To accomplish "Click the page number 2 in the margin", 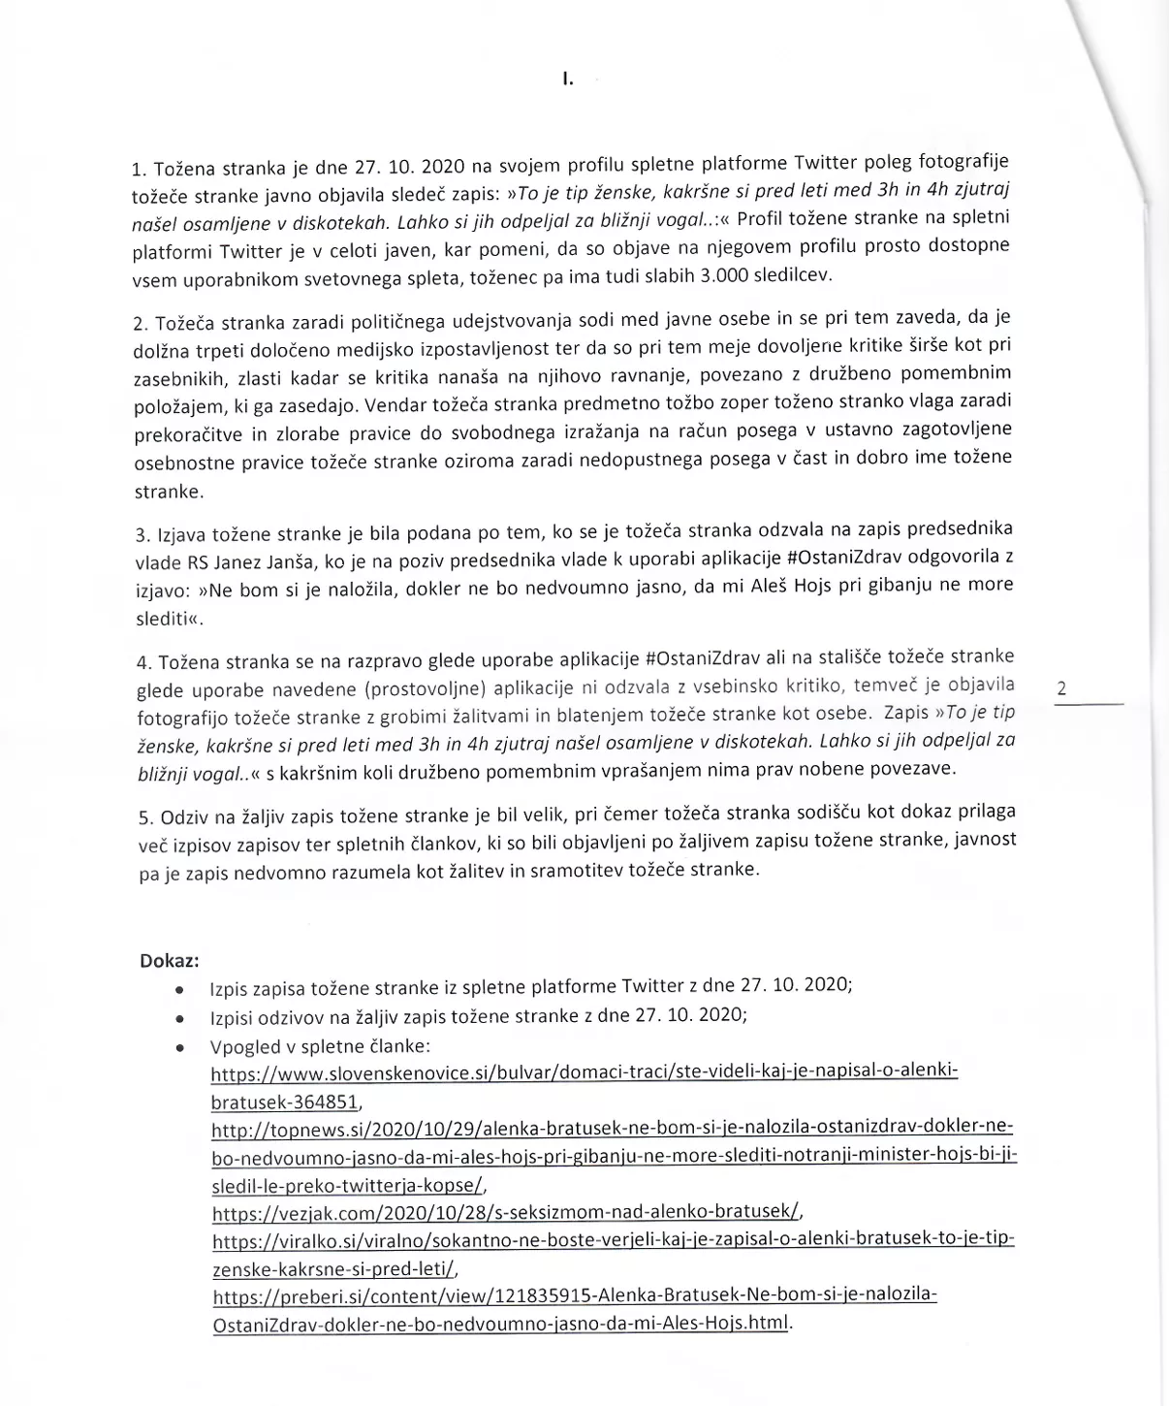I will (1061, 688).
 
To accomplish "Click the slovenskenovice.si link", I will (584, 1071).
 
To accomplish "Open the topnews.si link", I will (613, 1128).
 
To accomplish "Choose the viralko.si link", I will (613, 1240).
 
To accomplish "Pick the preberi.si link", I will (575, 1295).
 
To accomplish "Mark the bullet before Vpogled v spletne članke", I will (179, 1048).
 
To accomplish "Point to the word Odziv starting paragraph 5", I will (181, 817).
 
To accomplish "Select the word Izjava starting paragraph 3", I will (178, 533).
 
